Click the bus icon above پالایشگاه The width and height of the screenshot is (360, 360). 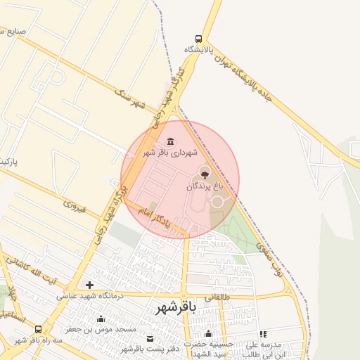(200, 39)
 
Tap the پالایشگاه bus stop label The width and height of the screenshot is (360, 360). (199, 50)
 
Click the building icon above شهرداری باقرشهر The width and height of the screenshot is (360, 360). (171, 141)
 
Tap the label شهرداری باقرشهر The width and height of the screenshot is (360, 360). (171, 152)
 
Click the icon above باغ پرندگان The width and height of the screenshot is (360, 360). (205, 173)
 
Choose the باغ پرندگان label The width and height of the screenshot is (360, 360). (204, 186)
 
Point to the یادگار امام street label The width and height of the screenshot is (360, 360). (154, 218)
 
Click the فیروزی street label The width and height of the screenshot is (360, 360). (74, 207)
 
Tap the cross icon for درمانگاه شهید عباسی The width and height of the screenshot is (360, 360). (89, 285)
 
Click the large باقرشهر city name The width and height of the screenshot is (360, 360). (172, 307)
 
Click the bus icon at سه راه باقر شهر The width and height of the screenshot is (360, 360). (38, 329)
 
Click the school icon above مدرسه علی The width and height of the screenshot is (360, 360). (263, 335)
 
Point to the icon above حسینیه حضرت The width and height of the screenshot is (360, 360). (209, 334)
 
